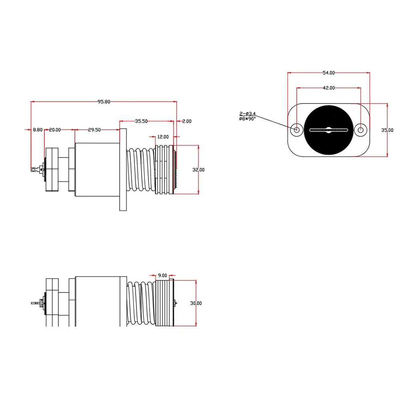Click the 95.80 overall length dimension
(x=104, y=101)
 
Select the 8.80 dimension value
(x=38, y=129)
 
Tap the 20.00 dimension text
(x=55, y=129)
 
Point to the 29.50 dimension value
(x=94, y=129)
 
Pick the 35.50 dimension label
(x=141, y=121)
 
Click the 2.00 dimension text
(x=187, y=121)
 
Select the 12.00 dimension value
(x=163, y=137)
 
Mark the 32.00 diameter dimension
(x=198, y=169)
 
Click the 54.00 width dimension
(x=328, y=73)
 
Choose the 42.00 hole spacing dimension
(x=328, y=88)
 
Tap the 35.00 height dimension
(x=387, y=130)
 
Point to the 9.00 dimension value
(x=162, y=275)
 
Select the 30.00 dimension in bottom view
(x=196, y=303)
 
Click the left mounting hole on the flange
(x=297, y=129)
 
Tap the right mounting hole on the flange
(x=361, y=129)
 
